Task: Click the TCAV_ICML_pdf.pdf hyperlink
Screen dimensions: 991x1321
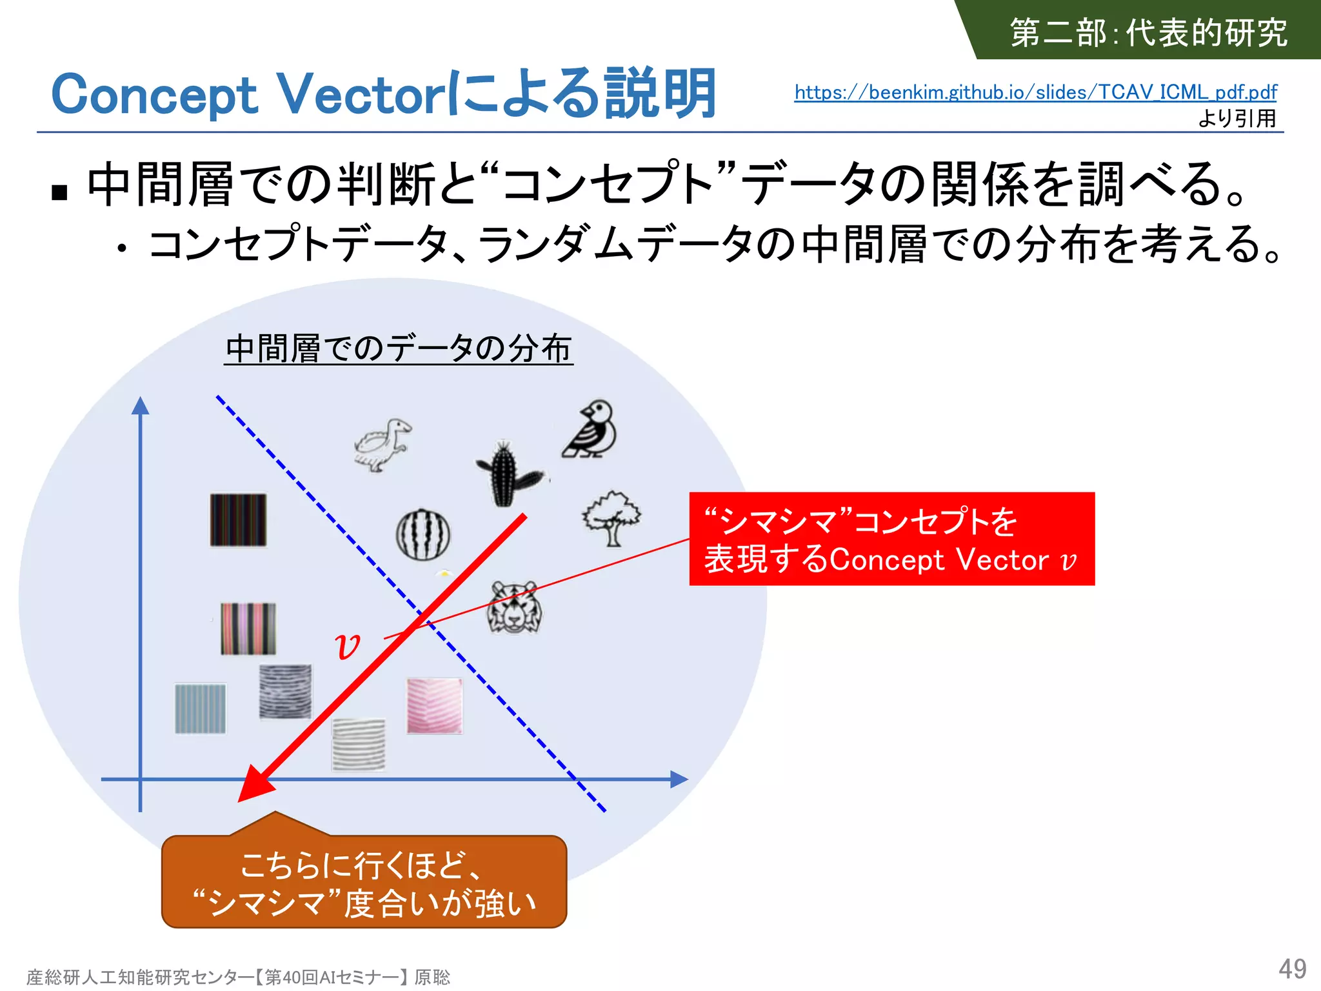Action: (x=1035, y=92)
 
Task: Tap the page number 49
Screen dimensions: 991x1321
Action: (x=1292, y=968)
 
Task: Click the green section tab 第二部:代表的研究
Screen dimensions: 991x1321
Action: (x=1148, y=32)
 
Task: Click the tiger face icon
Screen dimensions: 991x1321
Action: (x=514, y=607)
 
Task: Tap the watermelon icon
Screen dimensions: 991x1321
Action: (x=423, y=534)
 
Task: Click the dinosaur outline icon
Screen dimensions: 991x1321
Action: (x=382, y=445)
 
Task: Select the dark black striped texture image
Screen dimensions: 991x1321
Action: (x=238, y=520)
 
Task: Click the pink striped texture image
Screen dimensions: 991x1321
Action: (x=434, y=705)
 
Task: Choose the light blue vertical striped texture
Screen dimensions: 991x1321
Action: (x=201, y=708)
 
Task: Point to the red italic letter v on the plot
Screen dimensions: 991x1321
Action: (x=348, y=645)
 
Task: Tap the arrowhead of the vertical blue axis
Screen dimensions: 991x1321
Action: (x=140, y=405)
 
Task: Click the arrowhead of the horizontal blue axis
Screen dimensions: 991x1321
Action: (x=679, y=779)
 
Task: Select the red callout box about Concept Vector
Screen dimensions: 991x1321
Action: (x=891, y=539)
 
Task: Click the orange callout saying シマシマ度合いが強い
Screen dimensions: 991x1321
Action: (x=364, y=883)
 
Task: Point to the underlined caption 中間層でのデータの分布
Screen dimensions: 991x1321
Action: (x=398, y=349)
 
